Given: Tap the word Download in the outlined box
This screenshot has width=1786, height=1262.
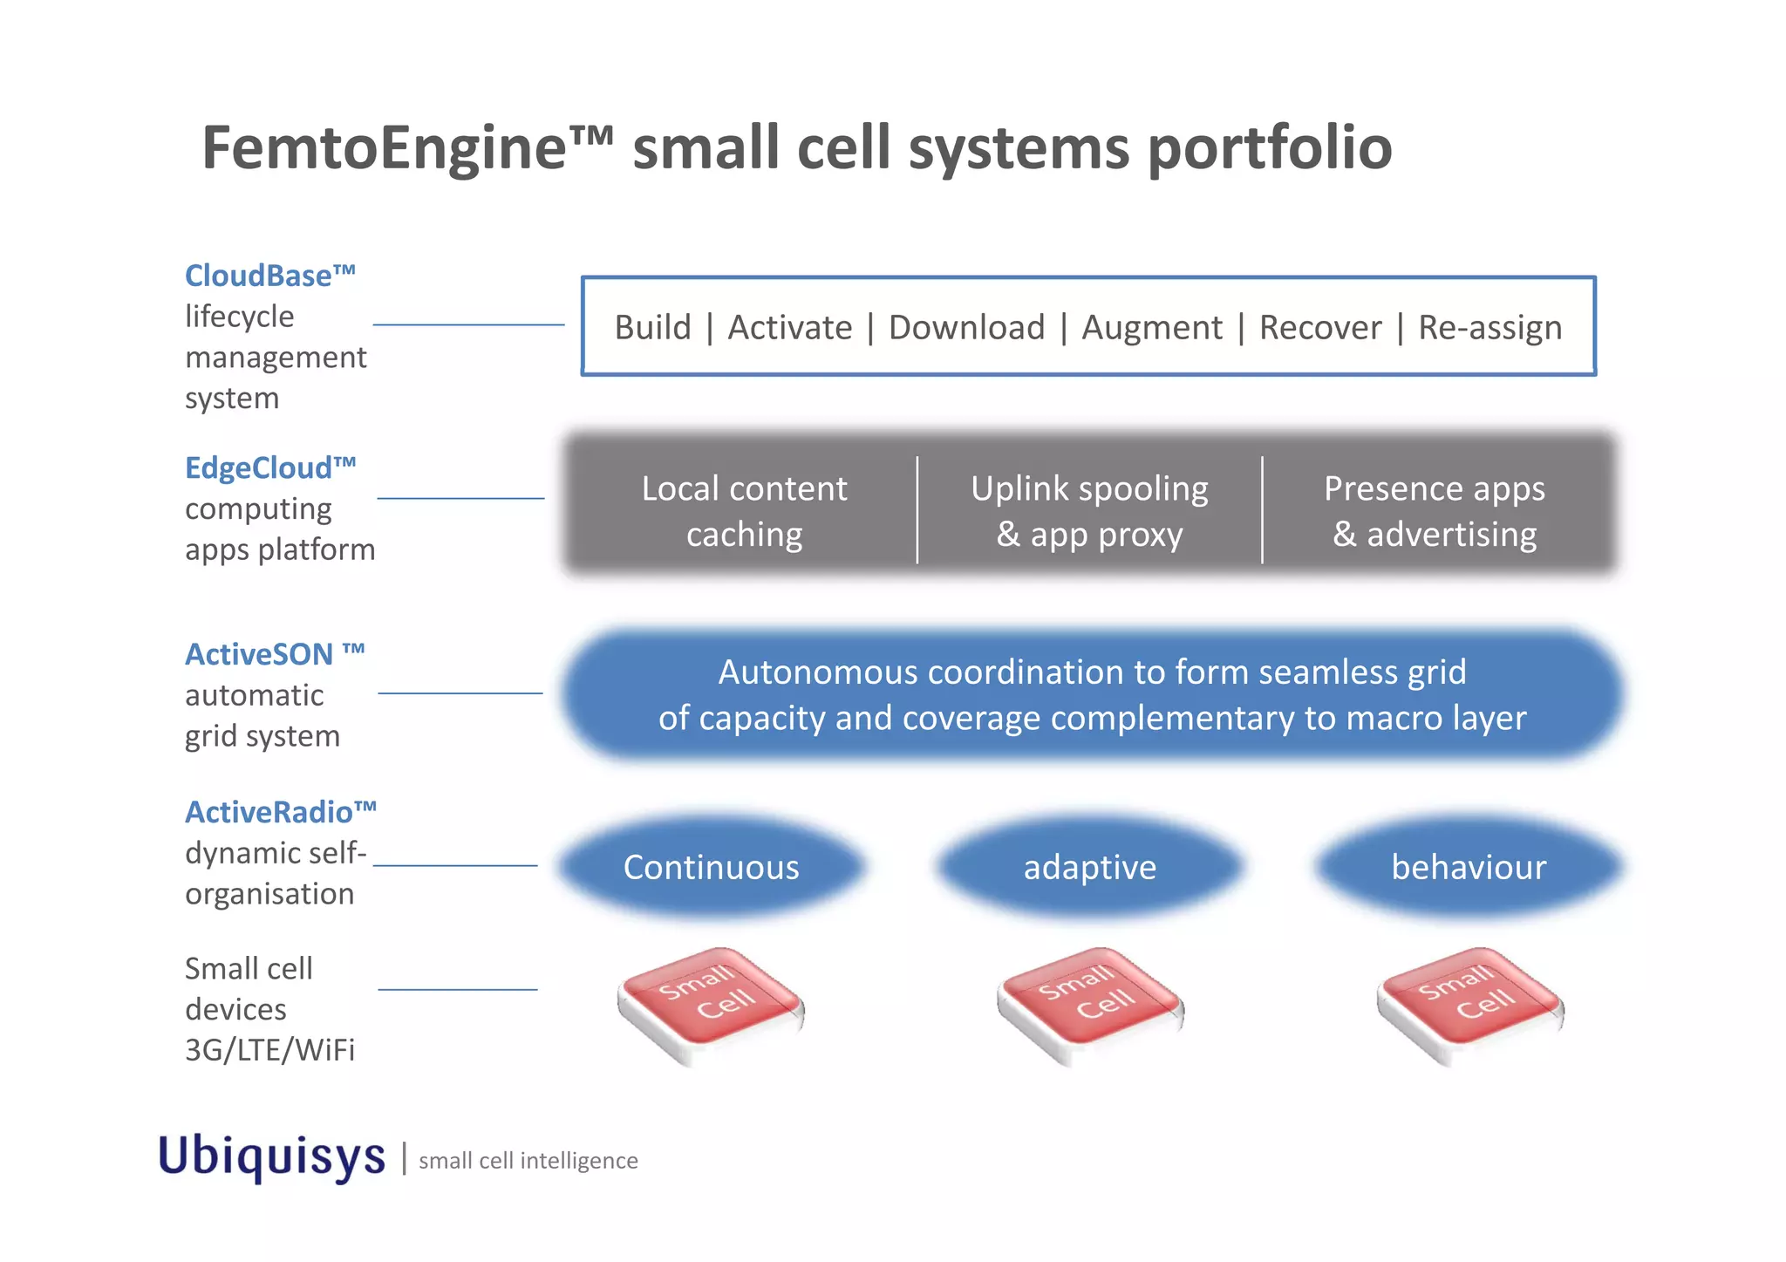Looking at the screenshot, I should coord(965,328).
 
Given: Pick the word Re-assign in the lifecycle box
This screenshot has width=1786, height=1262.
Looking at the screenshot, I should coord(1489,328).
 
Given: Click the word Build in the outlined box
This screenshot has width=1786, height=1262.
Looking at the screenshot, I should coord(652,328).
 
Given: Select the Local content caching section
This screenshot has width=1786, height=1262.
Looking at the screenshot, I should coord(744,511).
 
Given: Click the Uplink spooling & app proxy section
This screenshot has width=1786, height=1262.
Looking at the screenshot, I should coord(1089,511).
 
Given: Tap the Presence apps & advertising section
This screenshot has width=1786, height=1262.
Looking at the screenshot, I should coord(1435,511).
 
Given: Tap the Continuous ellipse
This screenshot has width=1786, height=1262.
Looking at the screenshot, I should coord(711,867).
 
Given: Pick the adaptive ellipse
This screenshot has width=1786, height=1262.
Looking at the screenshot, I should coord(1089,867).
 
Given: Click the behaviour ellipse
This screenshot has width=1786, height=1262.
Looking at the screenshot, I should coord(1469,867).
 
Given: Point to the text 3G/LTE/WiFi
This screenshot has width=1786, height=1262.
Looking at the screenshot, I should coord(269,1050).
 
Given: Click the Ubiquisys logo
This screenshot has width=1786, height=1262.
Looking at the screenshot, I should coord(271,1156).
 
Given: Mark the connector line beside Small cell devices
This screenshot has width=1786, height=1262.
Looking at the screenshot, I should coord(457,990).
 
